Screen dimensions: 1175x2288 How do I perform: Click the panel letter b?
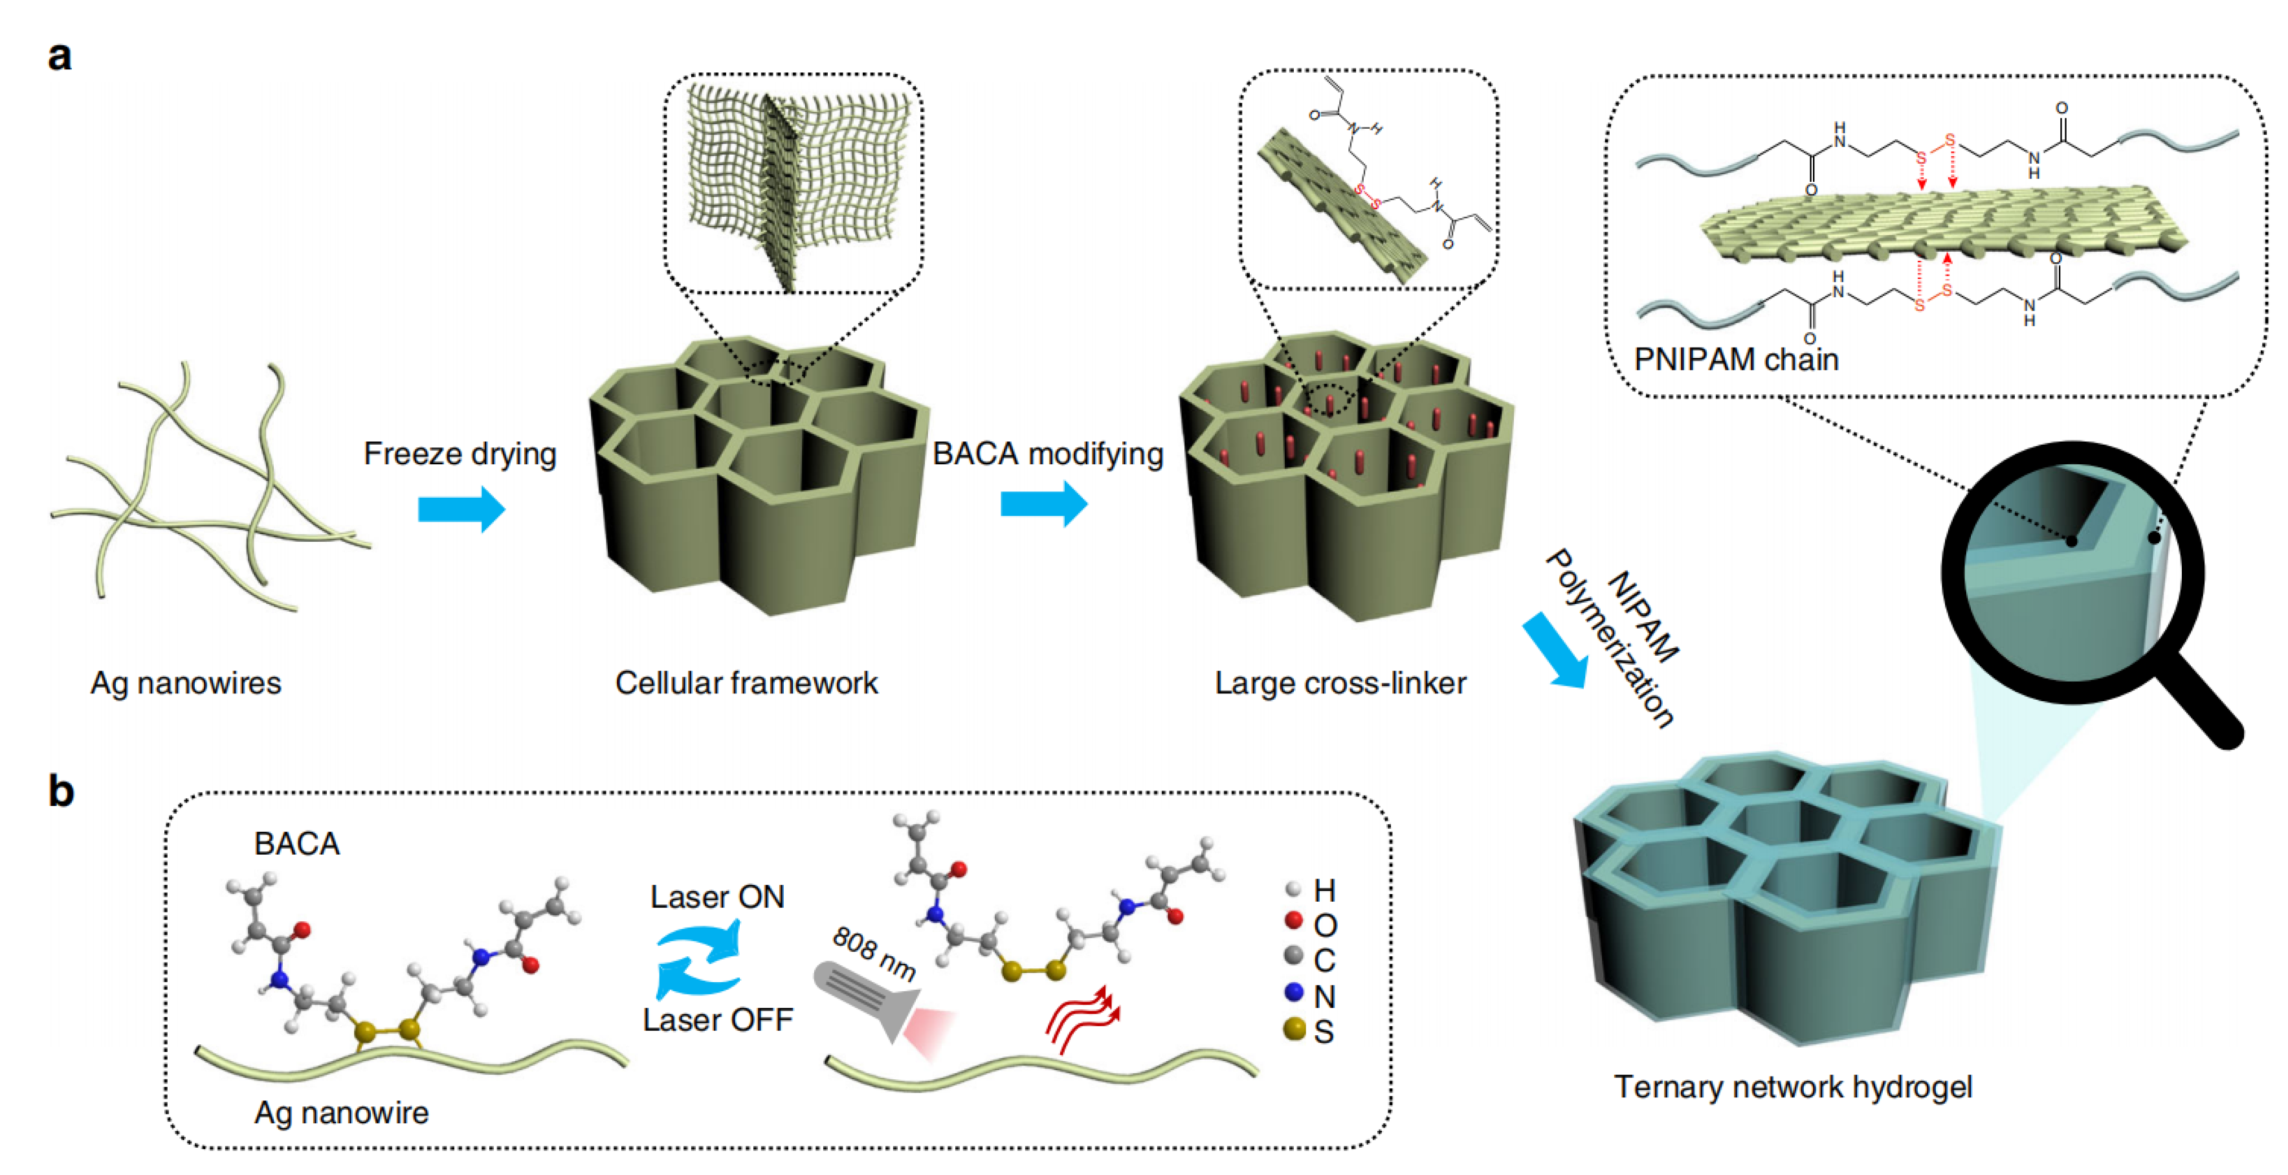pyautogui.click(x=60, y=790)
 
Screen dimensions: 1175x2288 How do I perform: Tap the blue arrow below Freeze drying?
pyautogui.click(x=461, y=509)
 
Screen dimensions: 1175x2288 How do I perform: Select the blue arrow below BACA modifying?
pyautogui.click(x=1043, y=504)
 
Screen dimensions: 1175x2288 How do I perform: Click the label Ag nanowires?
pyautogui.click(x=186, y=683)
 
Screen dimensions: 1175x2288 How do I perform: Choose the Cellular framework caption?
pyautogui.click(x=746, y=683)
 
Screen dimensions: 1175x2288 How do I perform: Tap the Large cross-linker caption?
pyautogui.click(x=1340, y=683)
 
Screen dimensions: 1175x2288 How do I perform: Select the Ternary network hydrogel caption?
pyautogui.click(x=1792, y=1086)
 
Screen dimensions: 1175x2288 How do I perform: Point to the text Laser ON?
pyautogui.click(x=718, y=897)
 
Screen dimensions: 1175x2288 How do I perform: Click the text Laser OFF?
pyautogui.click(x=718, y=1020)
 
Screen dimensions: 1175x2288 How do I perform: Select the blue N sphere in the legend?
pyautogui.click(x=1293, y=991)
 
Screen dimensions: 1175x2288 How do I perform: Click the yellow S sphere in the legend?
pyautogui.click(x=1294, y=1029)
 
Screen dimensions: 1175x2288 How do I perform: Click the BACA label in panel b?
pyautogui.click(x=296, y=843)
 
